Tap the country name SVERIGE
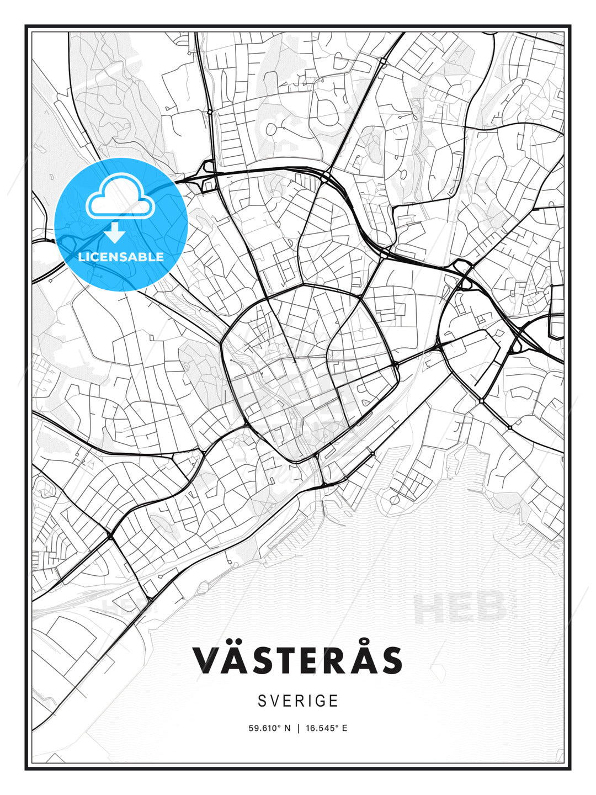click(297, 701)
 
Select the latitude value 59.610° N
click(269, 728)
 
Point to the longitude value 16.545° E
click(326, 728)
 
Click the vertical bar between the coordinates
click(299, 728)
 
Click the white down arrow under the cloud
click(115, 233)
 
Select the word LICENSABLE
click(121, 257)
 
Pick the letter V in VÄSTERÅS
click(205, 660)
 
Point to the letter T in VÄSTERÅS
click(288, 660)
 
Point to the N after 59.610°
click(287, 728)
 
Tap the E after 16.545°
click(344, 728)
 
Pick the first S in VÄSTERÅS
click(261, 660)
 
